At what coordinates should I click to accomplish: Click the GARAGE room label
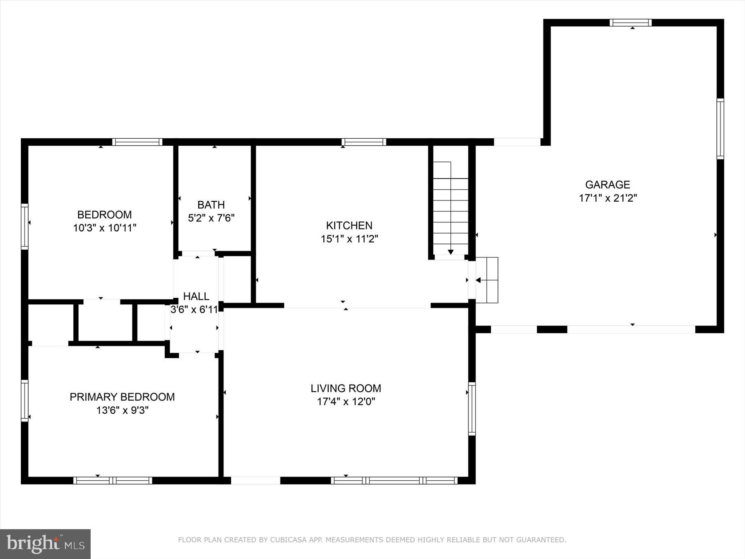point(607,185)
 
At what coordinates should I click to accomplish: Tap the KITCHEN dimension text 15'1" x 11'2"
point(349,239)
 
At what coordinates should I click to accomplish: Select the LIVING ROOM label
point(346,388)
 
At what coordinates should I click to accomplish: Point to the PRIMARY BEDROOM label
point(122,397)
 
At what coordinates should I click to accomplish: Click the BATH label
point(211,205)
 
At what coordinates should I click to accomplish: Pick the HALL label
point(196,296)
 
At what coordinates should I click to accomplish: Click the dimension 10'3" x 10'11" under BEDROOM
point(105,228)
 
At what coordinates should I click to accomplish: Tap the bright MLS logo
point(45,544)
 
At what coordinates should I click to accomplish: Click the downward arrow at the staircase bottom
point(450,251)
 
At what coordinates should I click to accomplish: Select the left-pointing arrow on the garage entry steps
point(478,280)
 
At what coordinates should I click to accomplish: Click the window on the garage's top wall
point(630,23)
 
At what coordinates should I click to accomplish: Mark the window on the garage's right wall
point(720,129)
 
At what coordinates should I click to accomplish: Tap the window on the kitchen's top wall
point(364,142)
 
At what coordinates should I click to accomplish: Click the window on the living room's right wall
point(472,409)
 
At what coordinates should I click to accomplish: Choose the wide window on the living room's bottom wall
point(394,480)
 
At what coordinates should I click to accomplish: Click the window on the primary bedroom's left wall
point(25,400)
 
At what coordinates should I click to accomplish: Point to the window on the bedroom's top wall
point(137,142)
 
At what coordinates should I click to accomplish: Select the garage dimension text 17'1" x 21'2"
point(607,198)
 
